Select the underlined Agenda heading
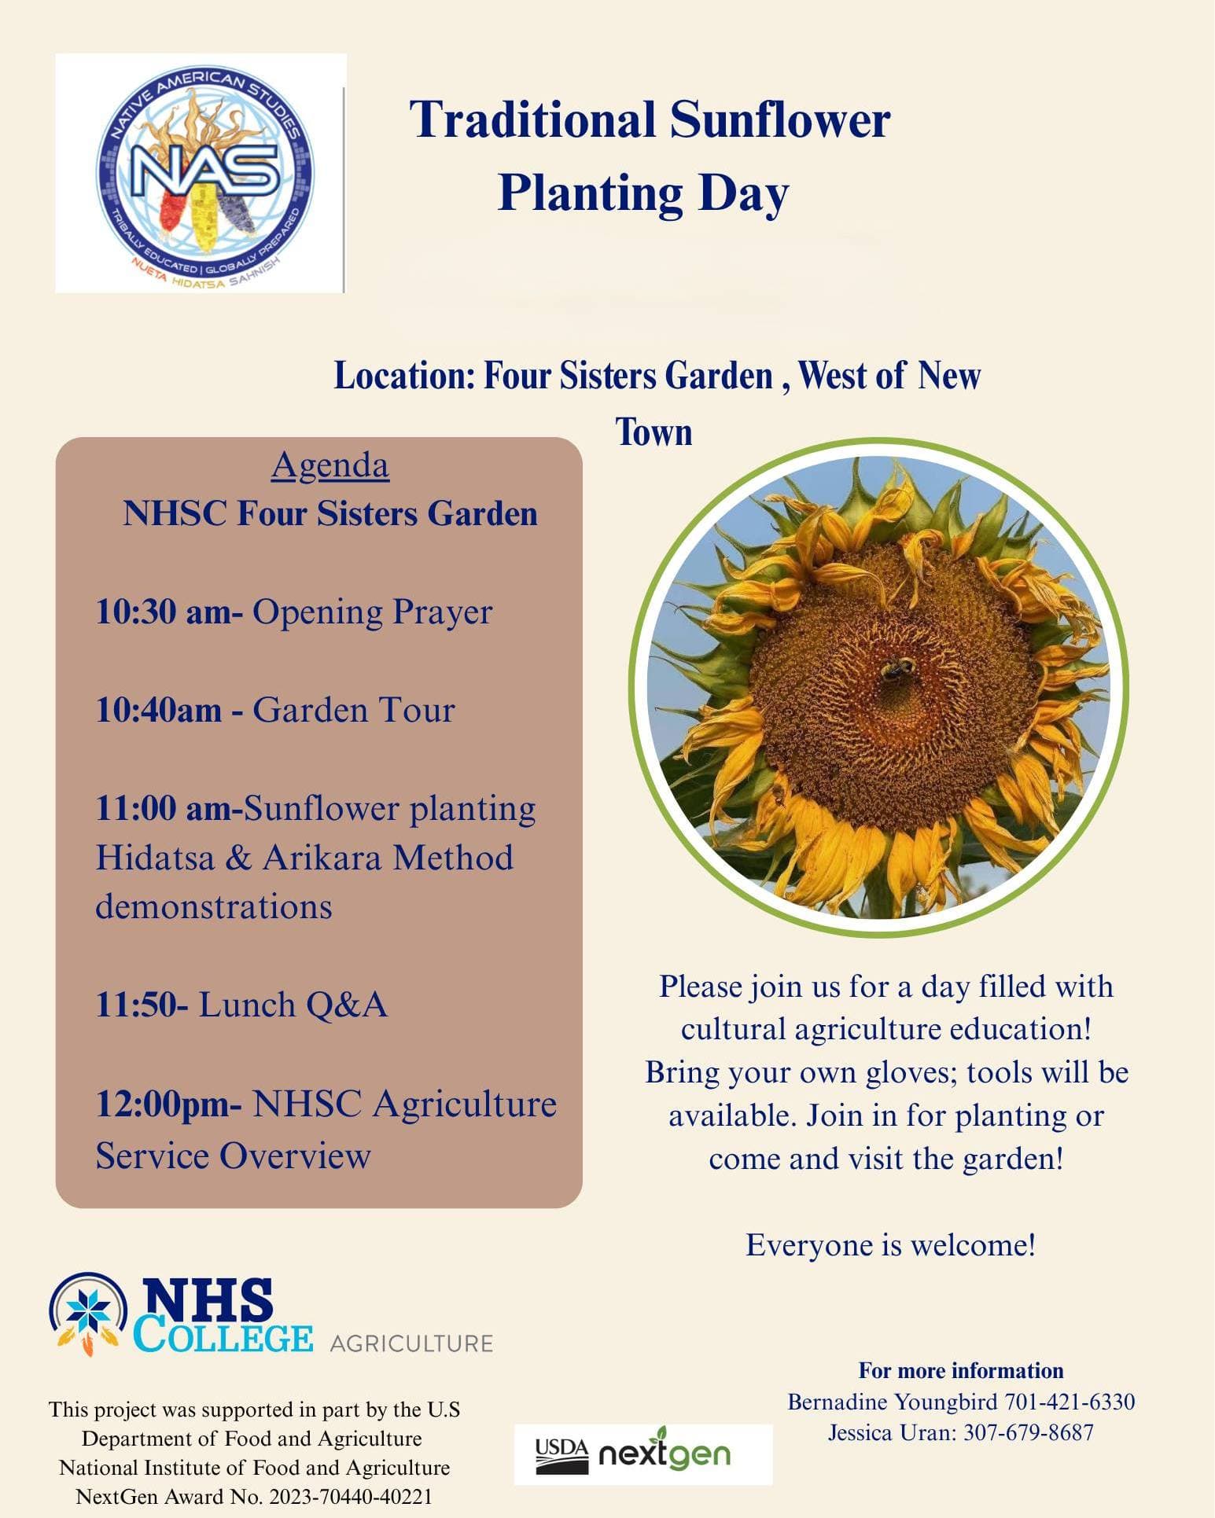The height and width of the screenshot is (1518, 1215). click(330, 465)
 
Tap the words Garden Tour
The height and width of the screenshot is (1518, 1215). click(353, 711)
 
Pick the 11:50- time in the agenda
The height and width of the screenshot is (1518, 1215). click(141, 1005)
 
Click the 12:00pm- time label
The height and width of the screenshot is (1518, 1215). click(168, 1105)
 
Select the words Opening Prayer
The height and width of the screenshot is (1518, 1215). click(372, 612)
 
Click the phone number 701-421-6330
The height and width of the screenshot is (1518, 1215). click(1070, 1402)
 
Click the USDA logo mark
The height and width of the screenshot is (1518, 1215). click(561, 1456)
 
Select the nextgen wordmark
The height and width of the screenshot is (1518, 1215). click(665, 1454)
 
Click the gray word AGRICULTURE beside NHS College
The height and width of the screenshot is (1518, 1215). click(411, 1343)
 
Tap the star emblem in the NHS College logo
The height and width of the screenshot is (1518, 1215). click(88, 1310)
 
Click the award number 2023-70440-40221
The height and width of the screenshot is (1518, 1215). click(351, 1497)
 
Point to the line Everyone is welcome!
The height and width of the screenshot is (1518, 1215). click(890, 1245)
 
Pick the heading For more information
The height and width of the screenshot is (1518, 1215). click(960, 1371)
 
